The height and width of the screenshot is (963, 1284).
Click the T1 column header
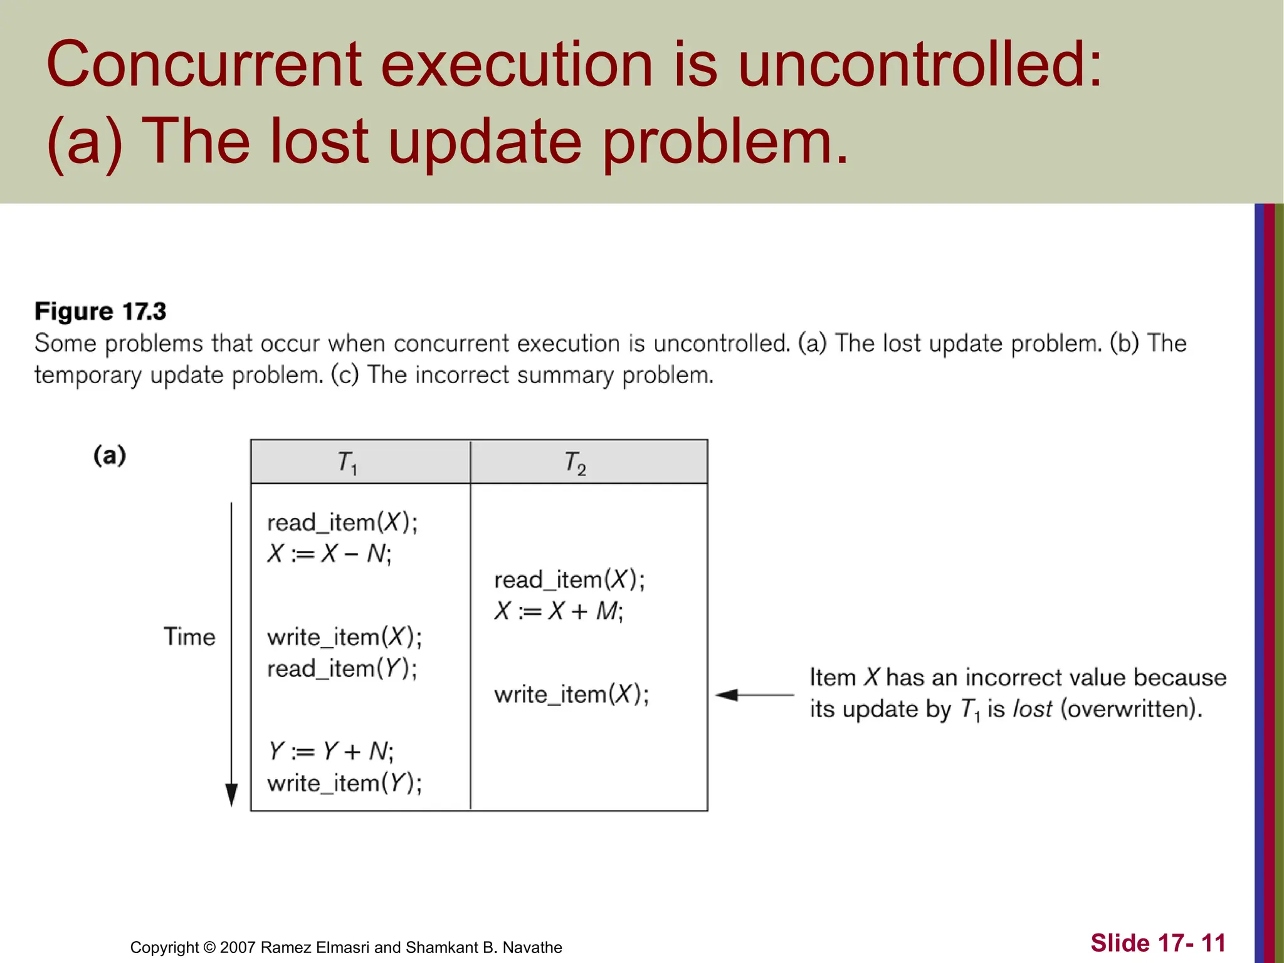(347, 463)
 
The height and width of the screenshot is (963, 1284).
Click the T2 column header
(575, 463)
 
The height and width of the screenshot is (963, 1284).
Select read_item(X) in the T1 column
(342, 522)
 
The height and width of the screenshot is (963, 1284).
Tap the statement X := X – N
(329, 554)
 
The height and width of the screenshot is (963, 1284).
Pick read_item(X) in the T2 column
(569, 580)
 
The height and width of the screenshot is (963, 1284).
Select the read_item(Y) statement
(342, 669)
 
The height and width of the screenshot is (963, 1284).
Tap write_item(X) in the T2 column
(571, 695)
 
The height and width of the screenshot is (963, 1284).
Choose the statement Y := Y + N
(331, 751)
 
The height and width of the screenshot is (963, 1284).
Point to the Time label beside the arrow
(189, 637)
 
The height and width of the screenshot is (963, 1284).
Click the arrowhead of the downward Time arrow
(231, 795)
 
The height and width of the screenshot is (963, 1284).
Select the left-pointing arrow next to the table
(754, 695)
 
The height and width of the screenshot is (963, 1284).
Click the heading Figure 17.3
(100, 312)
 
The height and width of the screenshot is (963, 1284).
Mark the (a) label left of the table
(110, 455)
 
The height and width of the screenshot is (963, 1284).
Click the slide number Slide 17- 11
(1157, 943)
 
